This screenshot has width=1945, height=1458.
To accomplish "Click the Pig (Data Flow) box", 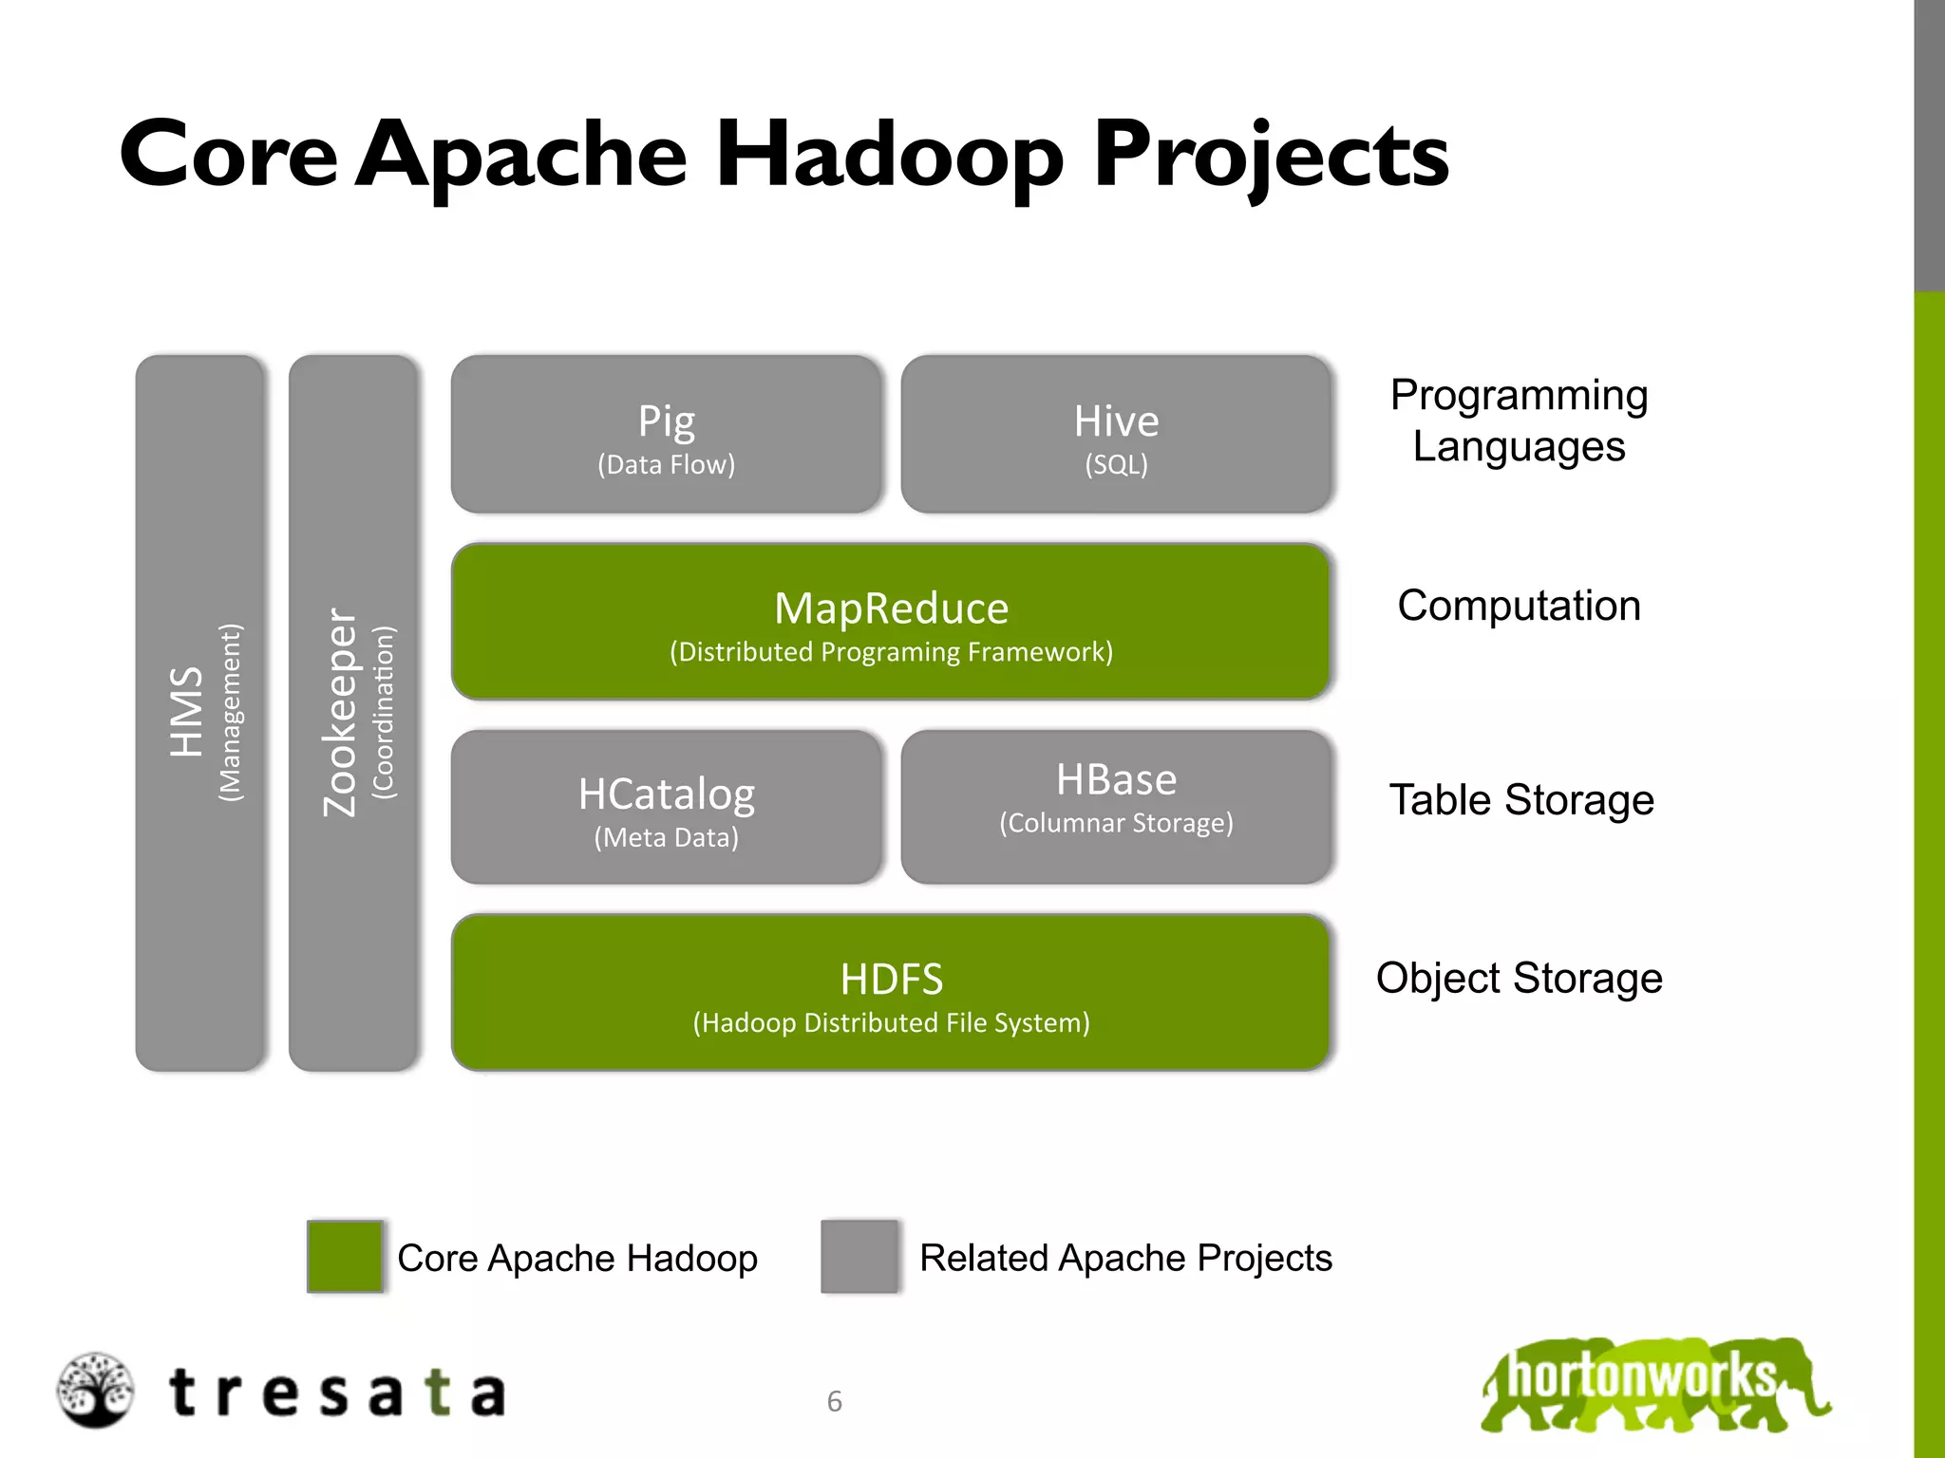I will (666, 435).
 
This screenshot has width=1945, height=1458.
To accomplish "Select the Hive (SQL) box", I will (1116, 435).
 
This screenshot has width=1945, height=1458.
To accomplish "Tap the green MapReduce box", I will (890, 622).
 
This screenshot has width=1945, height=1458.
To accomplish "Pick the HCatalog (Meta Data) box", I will (666, 808).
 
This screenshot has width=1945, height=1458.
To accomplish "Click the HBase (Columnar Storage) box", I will (1116, 808).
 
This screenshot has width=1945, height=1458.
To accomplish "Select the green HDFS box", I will (890, 993).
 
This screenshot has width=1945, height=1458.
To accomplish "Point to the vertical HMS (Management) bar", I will (200, 713).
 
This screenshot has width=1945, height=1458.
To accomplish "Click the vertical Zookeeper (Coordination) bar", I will (353, 713).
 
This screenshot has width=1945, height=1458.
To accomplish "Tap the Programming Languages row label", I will (1518, 421).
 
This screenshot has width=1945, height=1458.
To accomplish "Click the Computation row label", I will (1518, 606).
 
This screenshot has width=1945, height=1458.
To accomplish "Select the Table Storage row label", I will (1520, 800).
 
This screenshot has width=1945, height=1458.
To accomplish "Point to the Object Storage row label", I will (1518, 978).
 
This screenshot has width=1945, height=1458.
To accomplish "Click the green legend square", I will (345, 1256).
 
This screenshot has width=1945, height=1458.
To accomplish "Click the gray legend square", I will (859, 1256).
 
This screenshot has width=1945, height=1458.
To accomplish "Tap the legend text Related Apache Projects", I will (1124, 1258).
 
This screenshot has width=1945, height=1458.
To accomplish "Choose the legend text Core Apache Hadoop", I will (576, 1258).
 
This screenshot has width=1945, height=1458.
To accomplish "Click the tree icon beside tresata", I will (94, 1390).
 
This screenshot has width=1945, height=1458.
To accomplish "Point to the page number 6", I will (834, 1401).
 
